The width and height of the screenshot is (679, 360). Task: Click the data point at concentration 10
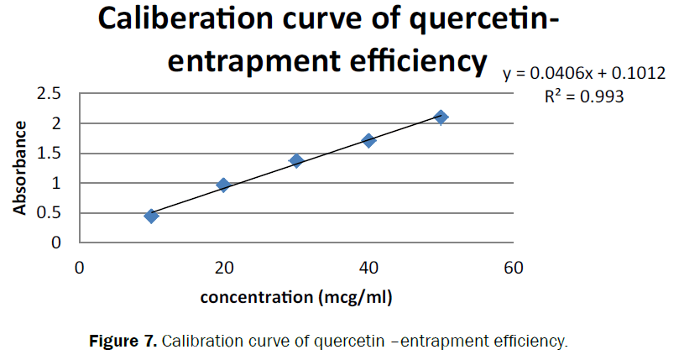[151, 216]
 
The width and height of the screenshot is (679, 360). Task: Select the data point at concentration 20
[223, 185]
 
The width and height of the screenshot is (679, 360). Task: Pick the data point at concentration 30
[296, 160]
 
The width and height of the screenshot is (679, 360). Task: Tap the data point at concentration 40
[368, 140]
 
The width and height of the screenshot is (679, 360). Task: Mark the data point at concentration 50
[441, 117]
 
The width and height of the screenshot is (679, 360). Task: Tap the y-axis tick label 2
[57, 123]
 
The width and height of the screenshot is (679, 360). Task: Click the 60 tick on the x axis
[513, 269]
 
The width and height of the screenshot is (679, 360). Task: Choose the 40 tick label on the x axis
[368, 269]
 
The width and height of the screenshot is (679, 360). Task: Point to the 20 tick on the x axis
[223, 269]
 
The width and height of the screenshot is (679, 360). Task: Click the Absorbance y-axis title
[20, 167]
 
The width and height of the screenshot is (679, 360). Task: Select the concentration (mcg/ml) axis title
[296, 297]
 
